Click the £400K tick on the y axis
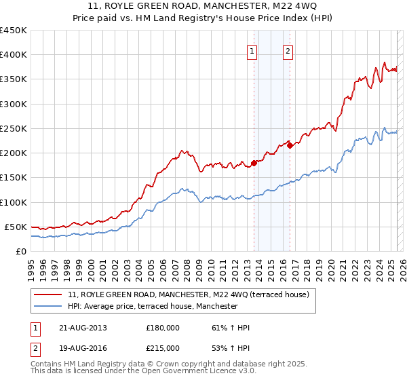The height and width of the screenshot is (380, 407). (14, 55)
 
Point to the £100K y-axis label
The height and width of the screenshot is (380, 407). (14, 202)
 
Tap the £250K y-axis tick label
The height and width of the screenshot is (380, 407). (14, 128)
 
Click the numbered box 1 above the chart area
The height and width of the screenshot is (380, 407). (252, 50)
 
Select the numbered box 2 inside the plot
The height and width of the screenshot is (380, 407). (288, 50)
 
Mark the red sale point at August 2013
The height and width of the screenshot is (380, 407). (254, 163)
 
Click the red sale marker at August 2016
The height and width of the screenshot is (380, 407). (290, 145)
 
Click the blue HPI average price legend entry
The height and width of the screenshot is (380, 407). (153, 306)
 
